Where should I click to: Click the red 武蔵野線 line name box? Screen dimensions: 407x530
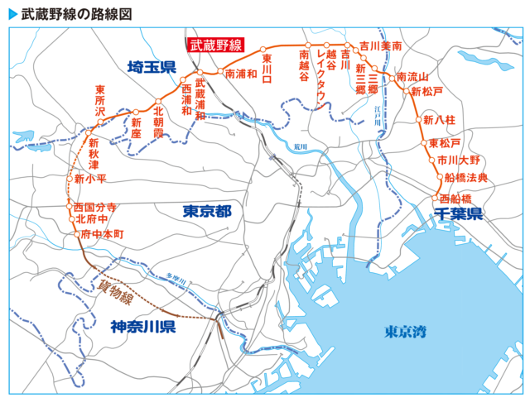(215, 47)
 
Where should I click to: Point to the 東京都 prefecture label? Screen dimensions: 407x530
(207, 212)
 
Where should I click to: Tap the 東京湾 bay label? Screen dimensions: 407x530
(405, 332)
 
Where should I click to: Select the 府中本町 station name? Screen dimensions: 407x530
(103, 235)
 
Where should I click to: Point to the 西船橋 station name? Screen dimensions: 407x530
(456, 199)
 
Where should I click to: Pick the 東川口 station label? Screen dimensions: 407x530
(267, 67)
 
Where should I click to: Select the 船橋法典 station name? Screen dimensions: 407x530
(466, 177)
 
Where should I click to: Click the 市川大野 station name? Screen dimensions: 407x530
(459, 160)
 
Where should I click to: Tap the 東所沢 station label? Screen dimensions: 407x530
(100, 101)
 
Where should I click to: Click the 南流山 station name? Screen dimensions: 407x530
(412, 77)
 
